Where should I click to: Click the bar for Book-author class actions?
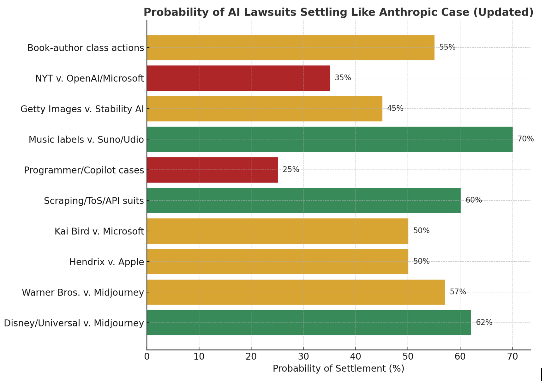coord(290,48)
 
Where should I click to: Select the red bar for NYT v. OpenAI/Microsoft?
coord(238,78)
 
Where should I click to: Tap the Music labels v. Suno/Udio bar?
coord(330,139)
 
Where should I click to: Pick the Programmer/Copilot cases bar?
coord(212,170)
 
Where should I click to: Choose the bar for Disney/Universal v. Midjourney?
coord(309,323)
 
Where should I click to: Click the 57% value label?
coord(458,292)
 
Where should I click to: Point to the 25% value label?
coord(291,170)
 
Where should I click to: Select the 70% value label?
coord(525,139)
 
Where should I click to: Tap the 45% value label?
coord(395,108)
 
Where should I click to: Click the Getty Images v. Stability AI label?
coord(82,109)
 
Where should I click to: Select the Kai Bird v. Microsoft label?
coord(99,231)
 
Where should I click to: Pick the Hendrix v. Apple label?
coord(106,262)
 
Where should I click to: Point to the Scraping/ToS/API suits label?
coord(94,201)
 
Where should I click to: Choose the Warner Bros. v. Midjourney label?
coord(83,293)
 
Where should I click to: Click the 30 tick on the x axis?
coord(303,357)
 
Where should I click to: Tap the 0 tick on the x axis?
coord(147,357)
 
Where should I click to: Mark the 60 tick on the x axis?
coord(460,357)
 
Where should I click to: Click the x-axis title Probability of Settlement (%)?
coord(338,368)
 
